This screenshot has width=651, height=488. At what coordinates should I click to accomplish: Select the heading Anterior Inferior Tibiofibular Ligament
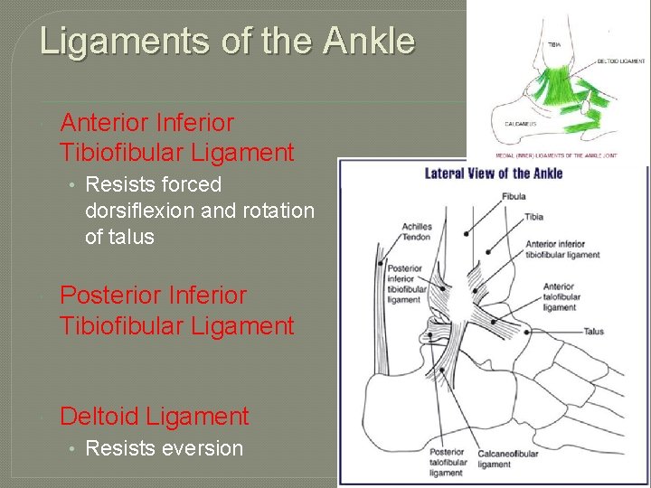click(176, 136)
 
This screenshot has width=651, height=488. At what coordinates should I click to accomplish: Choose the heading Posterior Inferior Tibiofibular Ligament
click(176, 310)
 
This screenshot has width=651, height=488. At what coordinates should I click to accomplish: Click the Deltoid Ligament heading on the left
click(154, 417)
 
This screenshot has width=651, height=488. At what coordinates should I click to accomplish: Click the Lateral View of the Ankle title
click(494, 174)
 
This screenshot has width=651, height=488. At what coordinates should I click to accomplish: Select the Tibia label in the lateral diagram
click(533, 217)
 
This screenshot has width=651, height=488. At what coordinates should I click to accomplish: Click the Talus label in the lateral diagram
click(593, 332)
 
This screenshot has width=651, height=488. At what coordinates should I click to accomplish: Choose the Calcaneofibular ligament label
click(509, 458)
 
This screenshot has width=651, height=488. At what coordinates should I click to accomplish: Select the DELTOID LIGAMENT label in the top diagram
click(621, 61)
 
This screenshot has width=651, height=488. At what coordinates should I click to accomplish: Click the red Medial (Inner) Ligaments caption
click(552, 155)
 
